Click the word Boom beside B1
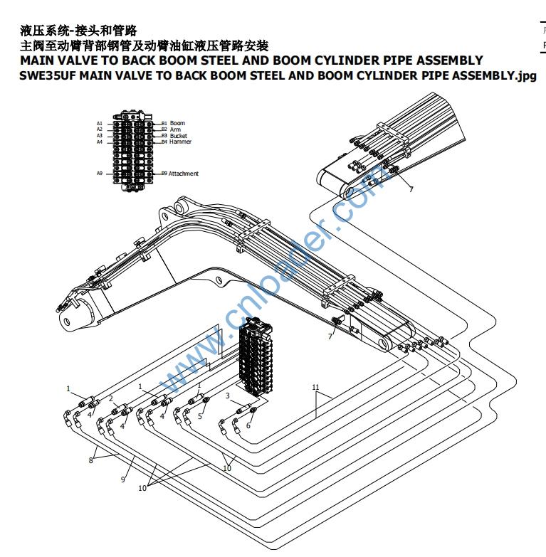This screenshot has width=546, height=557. tap(177, 123)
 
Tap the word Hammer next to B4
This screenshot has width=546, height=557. tap(180, 142)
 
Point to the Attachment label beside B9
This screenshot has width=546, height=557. tap(184, 174)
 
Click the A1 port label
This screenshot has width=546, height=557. tap(100, 123)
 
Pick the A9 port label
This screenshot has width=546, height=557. tap(100, 174)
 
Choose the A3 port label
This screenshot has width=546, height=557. tap(100, 135)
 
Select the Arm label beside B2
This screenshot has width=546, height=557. tap(175, 129)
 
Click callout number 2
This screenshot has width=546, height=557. tap(110, 398)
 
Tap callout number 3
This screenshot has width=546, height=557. tap(227, 396)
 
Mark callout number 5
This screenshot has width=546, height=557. tap(199, 417)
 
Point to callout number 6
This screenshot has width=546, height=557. tap(248, 425)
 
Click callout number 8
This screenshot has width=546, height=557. tap(90, 460)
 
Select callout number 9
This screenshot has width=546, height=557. tap(122, 481)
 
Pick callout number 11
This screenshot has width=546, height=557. tap(316, 388)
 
